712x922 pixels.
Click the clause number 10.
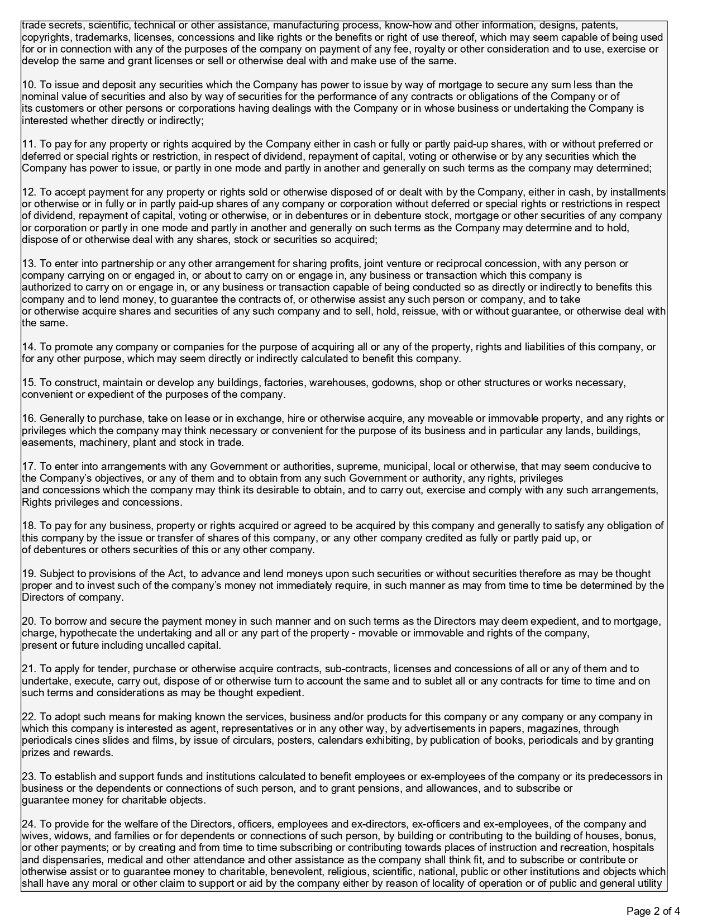click(28, 85)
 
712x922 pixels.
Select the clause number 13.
click(28, 264)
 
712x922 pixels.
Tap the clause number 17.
click(28, 467)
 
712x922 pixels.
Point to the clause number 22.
click(28, 717)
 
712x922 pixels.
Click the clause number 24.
click(28, 824)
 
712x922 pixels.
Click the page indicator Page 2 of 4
click(653, 911)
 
